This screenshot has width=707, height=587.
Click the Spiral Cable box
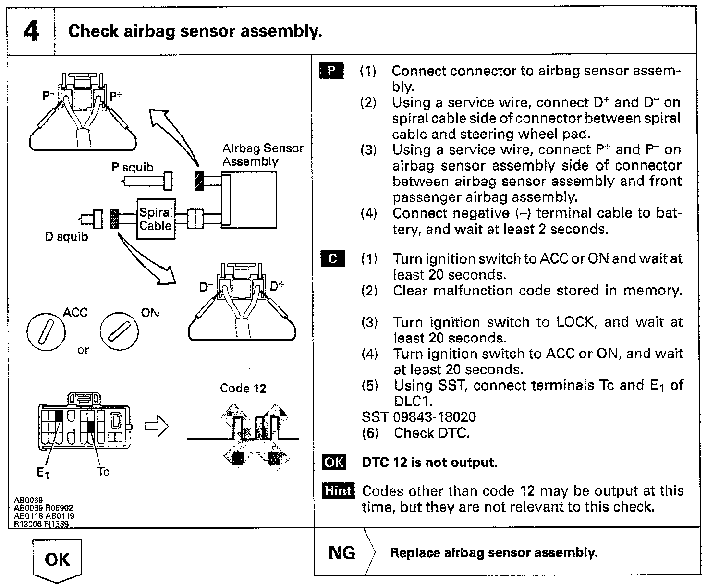[155, 219]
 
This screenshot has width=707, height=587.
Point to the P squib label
[132, 167]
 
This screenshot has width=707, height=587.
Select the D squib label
[66, 237]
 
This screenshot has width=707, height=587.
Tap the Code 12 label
[243, 388]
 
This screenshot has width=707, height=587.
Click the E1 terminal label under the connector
[43, 473]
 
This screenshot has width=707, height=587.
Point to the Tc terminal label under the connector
[103, 472]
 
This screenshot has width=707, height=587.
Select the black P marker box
[331, 71]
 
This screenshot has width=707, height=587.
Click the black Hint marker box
[338, 491]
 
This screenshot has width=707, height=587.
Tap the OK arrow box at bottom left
[57, 560]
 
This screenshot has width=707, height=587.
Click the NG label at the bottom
[342, 552]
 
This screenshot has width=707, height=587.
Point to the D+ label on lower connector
[277, 286]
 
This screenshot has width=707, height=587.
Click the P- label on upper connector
[49, 96]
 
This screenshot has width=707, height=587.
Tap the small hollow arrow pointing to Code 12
[157, 427]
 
